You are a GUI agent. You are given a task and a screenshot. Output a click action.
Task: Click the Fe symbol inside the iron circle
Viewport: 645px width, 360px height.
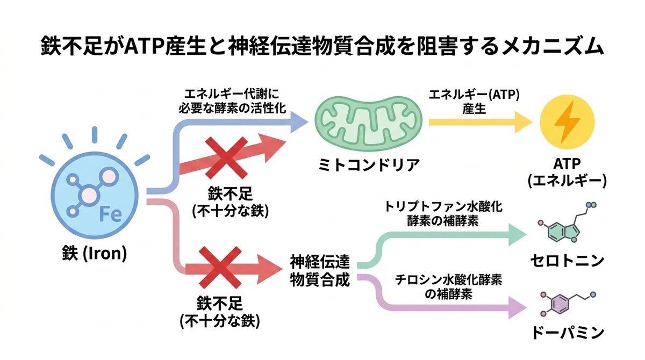pos(110,215)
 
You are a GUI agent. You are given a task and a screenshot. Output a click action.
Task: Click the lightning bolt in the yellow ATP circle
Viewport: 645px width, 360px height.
pos(567,122)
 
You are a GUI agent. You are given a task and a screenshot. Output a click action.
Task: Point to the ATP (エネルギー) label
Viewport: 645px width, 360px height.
pos(567,172)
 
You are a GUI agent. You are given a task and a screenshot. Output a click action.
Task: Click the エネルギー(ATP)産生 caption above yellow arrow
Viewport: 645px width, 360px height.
pos(474,102)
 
